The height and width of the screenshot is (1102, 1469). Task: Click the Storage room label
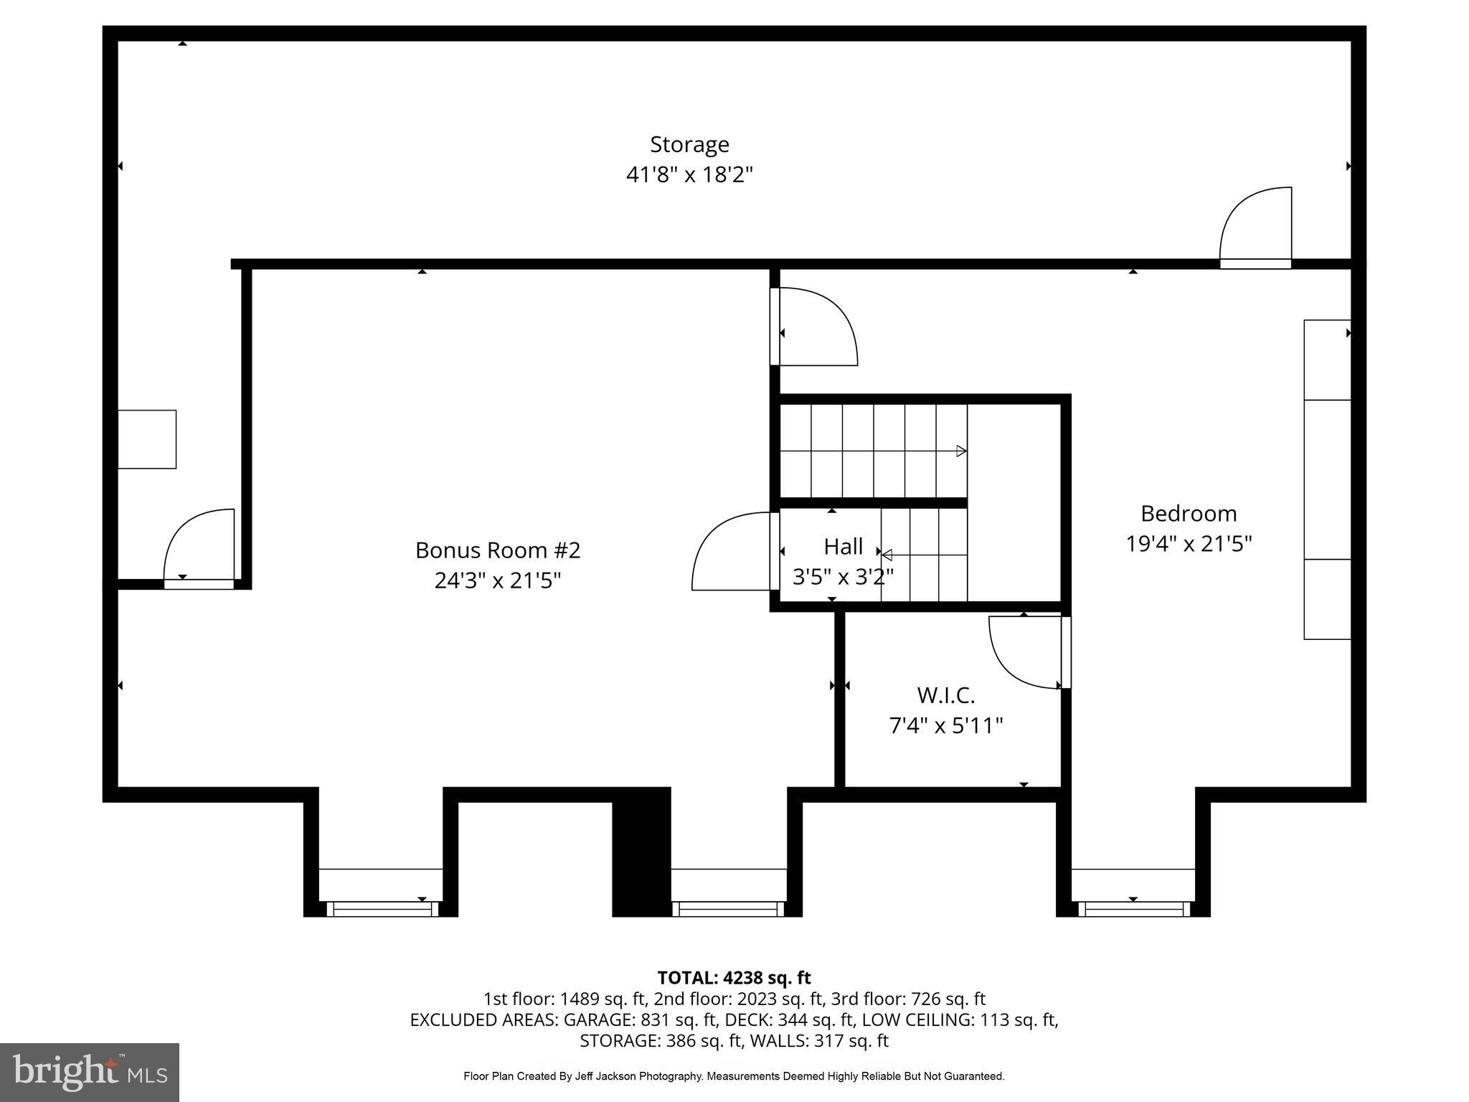(689, 144)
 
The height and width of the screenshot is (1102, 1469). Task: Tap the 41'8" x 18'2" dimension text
(689, 174)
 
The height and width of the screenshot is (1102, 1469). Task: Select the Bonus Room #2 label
(497, 550)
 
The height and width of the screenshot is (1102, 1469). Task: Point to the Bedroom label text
(1188, 514)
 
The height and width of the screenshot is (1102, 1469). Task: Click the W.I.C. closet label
(945, 695)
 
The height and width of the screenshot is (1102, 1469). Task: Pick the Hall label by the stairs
(843, 547)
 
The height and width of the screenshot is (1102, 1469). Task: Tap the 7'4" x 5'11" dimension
(945, 726)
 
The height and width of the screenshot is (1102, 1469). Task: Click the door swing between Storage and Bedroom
(1255, 226)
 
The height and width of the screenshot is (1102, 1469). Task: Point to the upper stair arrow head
(961, 451)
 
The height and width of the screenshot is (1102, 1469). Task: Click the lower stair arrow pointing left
(887, 555)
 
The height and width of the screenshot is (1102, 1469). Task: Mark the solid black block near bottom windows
(641, 852)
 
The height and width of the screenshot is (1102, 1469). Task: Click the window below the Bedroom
(1133, 909)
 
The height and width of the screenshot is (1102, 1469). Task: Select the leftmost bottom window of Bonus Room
(382, 909)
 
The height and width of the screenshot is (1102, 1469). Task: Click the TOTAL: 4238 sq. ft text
(734, 978)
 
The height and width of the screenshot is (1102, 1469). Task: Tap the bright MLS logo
(89, 1072)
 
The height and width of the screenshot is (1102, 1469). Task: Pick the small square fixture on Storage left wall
(147, 439)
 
